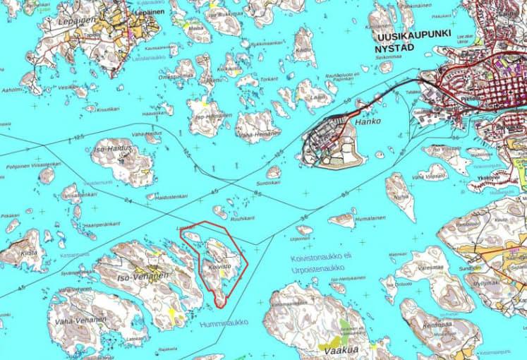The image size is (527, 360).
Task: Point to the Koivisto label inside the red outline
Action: point(221,268)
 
